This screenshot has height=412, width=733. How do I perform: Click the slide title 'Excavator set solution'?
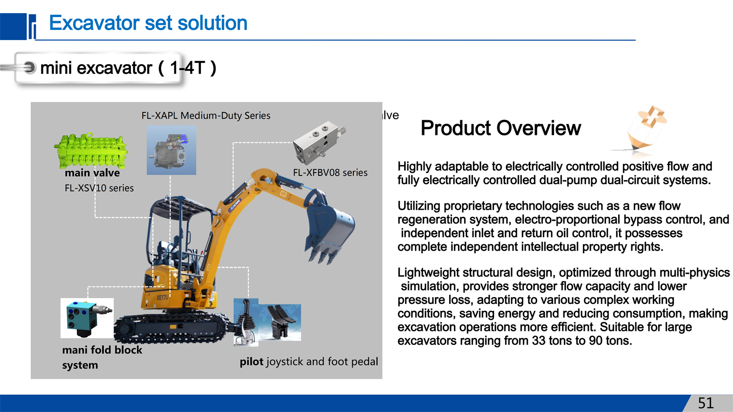(148, 23)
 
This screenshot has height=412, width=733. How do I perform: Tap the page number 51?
(706, 403)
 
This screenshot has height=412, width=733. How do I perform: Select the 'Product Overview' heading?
(501, 128)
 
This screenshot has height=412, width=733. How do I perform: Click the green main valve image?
(90, 151)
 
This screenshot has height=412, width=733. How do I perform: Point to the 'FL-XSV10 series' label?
(99, 188)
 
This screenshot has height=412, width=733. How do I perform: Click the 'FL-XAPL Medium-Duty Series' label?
(206, 115)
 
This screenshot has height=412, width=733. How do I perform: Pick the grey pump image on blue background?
(172, 150)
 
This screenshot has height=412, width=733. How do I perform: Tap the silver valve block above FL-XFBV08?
(319, 142)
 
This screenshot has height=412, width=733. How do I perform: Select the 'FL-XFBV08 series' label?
(330, 173)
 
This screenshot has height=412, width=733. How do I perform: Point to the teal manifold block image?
(87, 318)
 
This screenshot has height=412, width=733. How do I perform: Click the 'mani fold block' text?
(102, 350)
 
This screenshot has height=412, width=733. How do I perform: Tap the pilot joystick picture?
(246, 323)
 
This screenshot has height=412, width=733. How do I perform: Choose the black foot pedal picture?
(280, 323)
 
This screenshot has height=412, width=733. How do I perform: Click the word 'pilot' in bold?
(251, 362)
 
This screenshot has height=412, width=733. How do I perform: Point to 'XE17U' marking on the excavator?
(162, 298)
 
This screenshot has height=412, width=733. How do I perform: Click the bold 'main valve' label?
(92, 173)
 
